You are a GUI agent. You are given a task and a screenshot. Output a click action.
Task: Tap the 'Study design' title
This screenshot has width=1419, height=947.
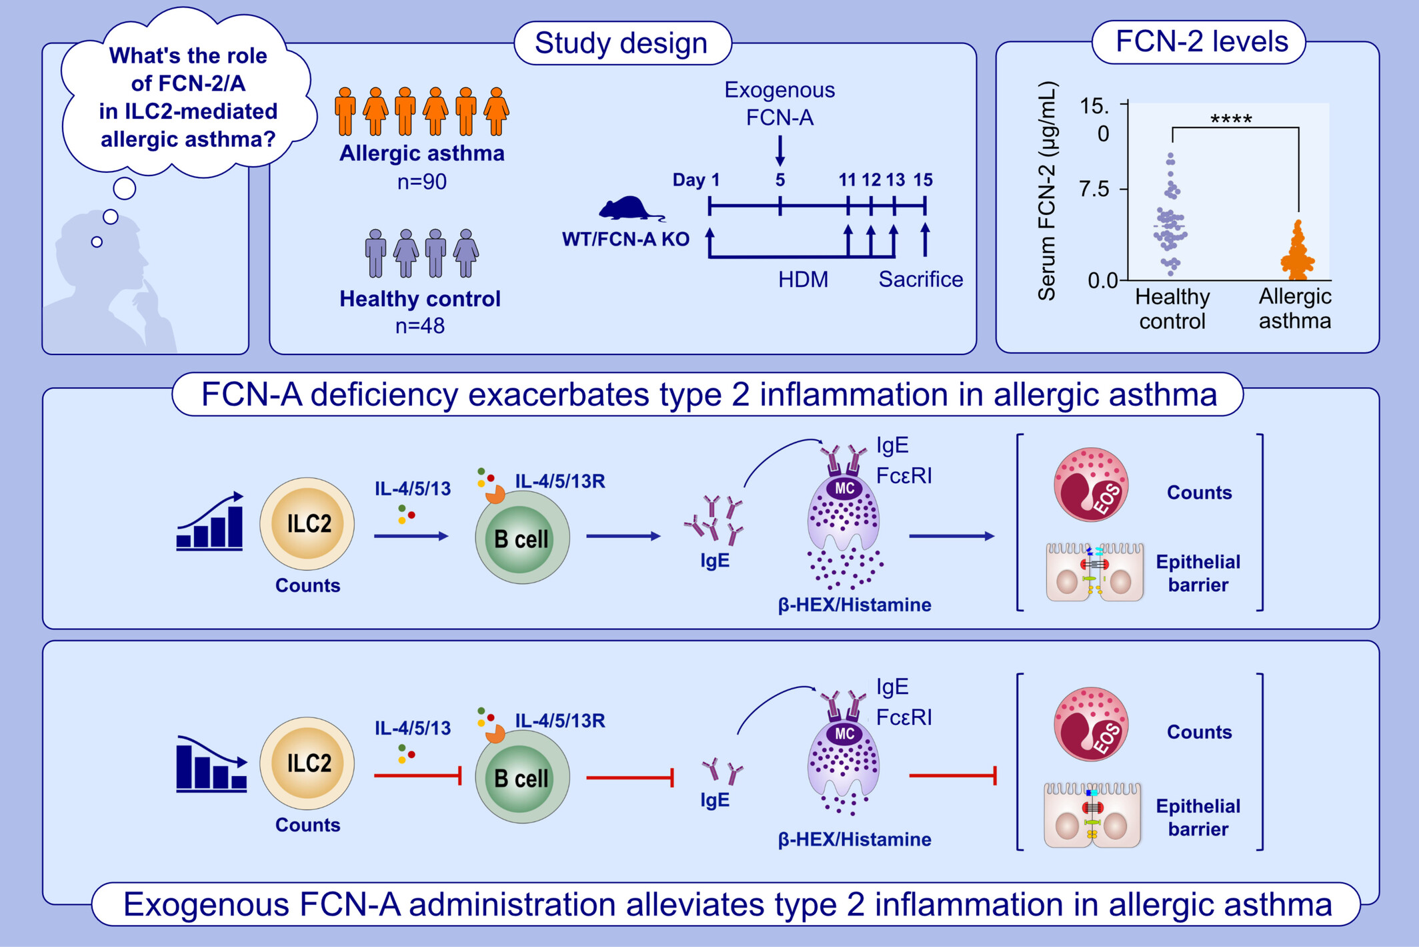621,43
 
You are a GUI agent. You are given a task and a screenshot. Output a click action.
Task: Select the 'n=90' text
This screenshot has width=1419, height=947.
421,182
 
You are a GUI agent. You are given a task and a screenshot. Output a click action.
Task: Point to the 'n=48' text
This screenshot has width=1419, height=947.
419,326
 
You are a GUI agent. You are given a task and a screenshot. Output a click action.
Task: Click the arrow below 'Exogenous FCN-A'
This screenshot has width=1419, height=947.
780,151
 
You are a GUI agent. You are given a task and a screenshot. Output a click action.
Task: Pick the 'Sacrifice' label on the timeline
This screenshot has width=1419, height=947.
920,279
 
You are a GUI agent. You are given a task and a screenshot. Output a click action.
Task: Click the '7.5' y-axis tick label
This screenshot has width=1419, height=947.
1094,189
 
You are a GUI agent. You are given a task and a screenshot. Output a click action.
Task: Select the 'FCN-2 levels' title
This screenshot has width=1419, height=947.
1202,42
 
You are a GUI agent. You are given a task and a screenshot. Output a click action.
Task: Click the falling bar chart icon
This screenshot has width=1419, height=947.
211,764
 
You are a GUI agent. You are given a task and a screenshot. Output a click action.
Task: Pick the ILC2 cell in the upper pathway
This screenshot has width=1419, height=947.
307,524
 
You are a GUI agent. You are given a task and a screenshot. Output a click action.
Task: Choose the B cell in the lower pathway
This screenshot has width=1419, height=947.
521,777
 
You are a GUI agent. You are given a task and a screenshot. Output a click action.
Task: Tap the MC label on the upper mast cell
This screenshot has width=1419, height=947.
844,489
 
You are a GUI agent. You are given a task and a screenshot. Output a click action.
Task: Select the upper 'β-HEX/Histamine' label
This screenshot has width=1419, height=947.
854,605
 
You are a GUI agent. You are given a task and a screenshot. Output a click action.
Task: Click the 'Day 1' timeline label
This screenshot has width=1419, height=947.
695,180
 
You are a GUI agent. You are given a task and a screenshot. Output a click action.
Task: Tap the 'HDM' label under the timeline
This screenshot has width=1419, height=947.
803,279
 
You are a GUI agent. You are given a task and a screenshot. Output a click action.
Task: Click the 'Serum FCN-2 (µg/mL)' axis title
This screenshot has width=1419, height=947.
1047,191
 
